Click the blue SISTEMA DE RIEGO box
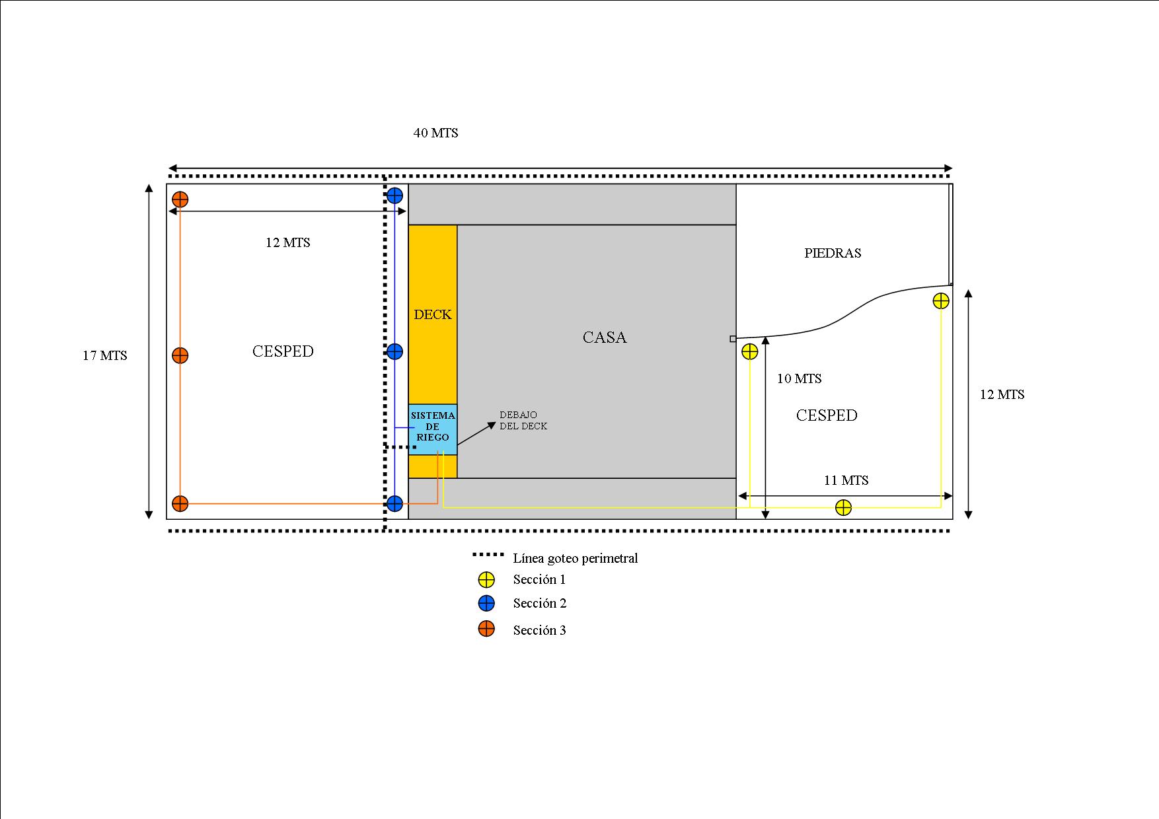click(433, 429)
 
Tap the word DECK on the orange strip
click(433, 314)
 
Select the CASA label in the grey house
click(605, 338)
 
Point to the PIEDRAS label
click(833, 253)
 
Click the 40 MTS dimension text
click(436, 133)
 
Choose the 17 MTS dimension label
click(105, 355)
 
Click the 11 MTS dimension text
click(846, 480)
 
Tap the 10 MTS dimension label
click(800, 378)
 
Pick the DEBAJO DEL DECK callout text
click(523, 421)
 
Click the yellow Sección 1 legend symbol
click(486, 580)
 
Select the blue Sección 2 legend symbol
click(486, 603)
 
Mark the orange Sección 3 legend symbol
click(486, 629)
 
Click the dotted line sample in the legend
click(489, 554)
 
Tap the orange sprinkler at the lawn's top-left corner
click(180, 199)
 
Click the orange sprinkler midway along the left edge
click(180, 355)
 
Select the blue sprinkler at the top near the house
click(394, 196)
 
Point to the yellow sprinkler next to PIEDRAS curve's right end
click(941, 301)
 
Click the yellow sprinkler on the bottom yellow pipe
click(843, 507)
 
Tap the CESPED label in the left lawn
click(283, 351)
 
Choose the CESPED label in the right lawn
click(827, 415)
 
